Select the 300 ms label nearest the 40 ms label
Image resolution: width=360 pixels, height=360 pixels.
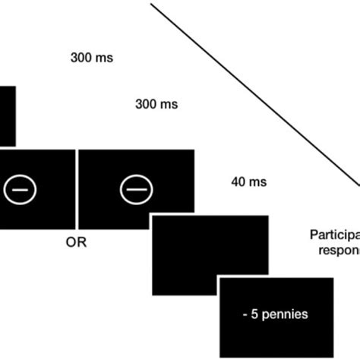pos(156,103)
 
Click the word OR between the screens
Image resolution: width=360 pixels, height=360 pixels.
pos(77,244)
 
